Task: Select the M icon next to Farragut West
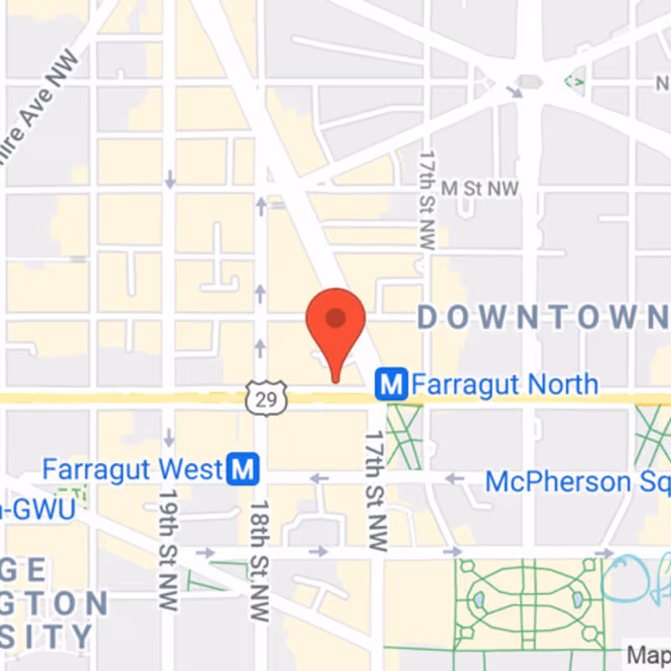click(243, 469)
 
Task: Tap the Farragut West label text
click(133, 469)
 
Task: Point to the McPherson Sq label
click(577, 481)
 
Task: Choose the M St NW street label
click(480, 188)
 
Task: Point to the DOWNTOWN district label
click(542, 317)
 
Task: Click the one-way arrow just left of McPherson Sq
click(454, 479)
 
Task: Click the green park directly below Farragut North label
click(403, 436)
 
